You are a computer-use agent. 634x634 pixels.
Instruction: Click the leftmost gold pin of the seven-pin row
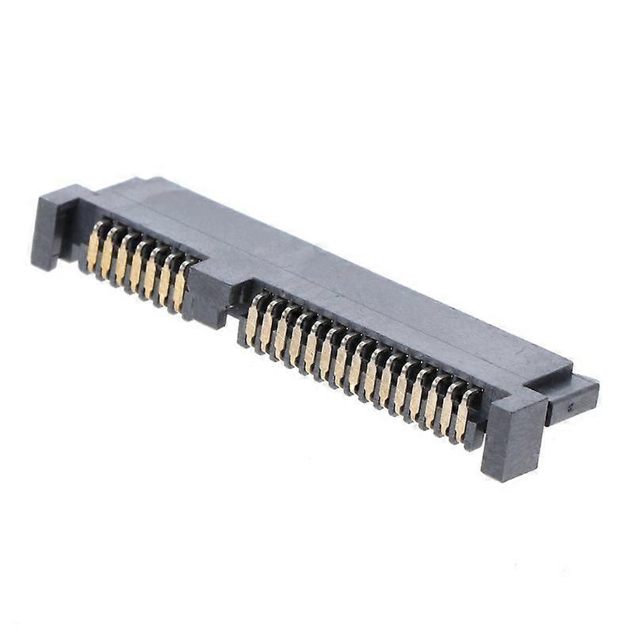point(94,246)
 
